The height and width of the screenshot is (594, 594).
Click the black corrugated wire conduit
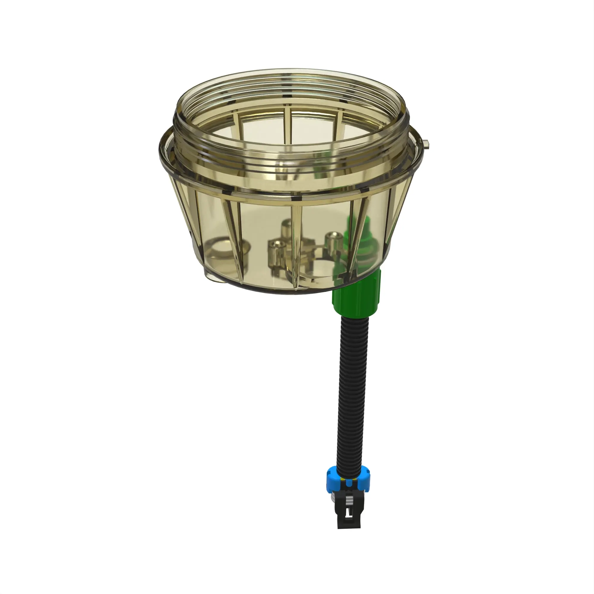click(353, 384)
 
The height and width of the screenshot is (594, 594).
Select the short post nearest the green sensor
click(334, 243)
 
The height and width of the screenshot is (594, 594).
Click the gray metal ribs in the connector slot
click(350, 500)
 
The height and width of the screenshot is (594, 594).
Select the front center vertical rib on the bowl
click(296, 246)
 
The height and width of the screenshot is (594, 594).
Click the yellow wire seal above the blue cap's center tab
click(343, 479)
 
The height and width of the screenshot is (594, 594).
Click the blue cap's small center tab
click(349, 483)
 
